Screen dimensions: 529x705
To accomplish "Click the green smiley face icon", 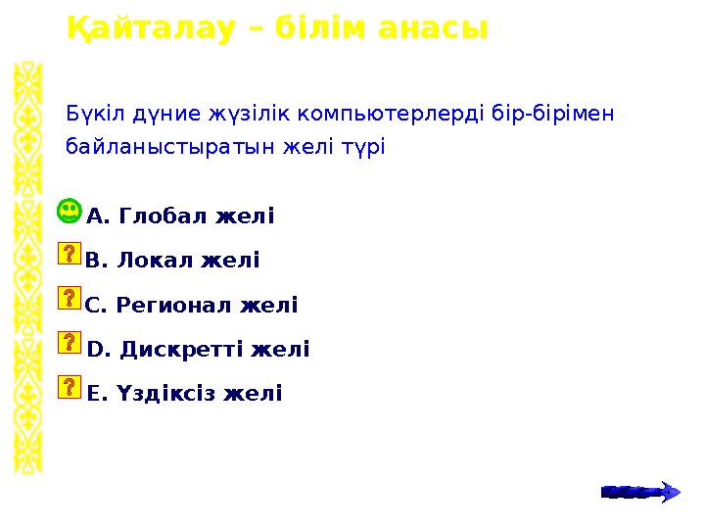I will tap(70, 211).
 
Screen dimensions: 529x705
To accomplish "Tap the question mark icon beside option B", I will tap(70, 255).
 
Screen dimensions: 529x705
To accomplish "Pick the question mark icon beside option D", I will tap(70, 342).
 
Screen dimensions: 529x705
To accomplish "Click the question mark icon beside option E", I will tap(70, 386).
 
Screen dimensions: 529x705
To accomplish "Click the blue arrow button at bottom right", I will tap(639, 492).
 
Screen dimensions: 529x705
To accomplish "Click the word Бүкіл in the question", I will tap(90, 114).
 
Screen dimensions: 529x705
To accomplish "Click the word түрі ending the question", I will tap(364, 148).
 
